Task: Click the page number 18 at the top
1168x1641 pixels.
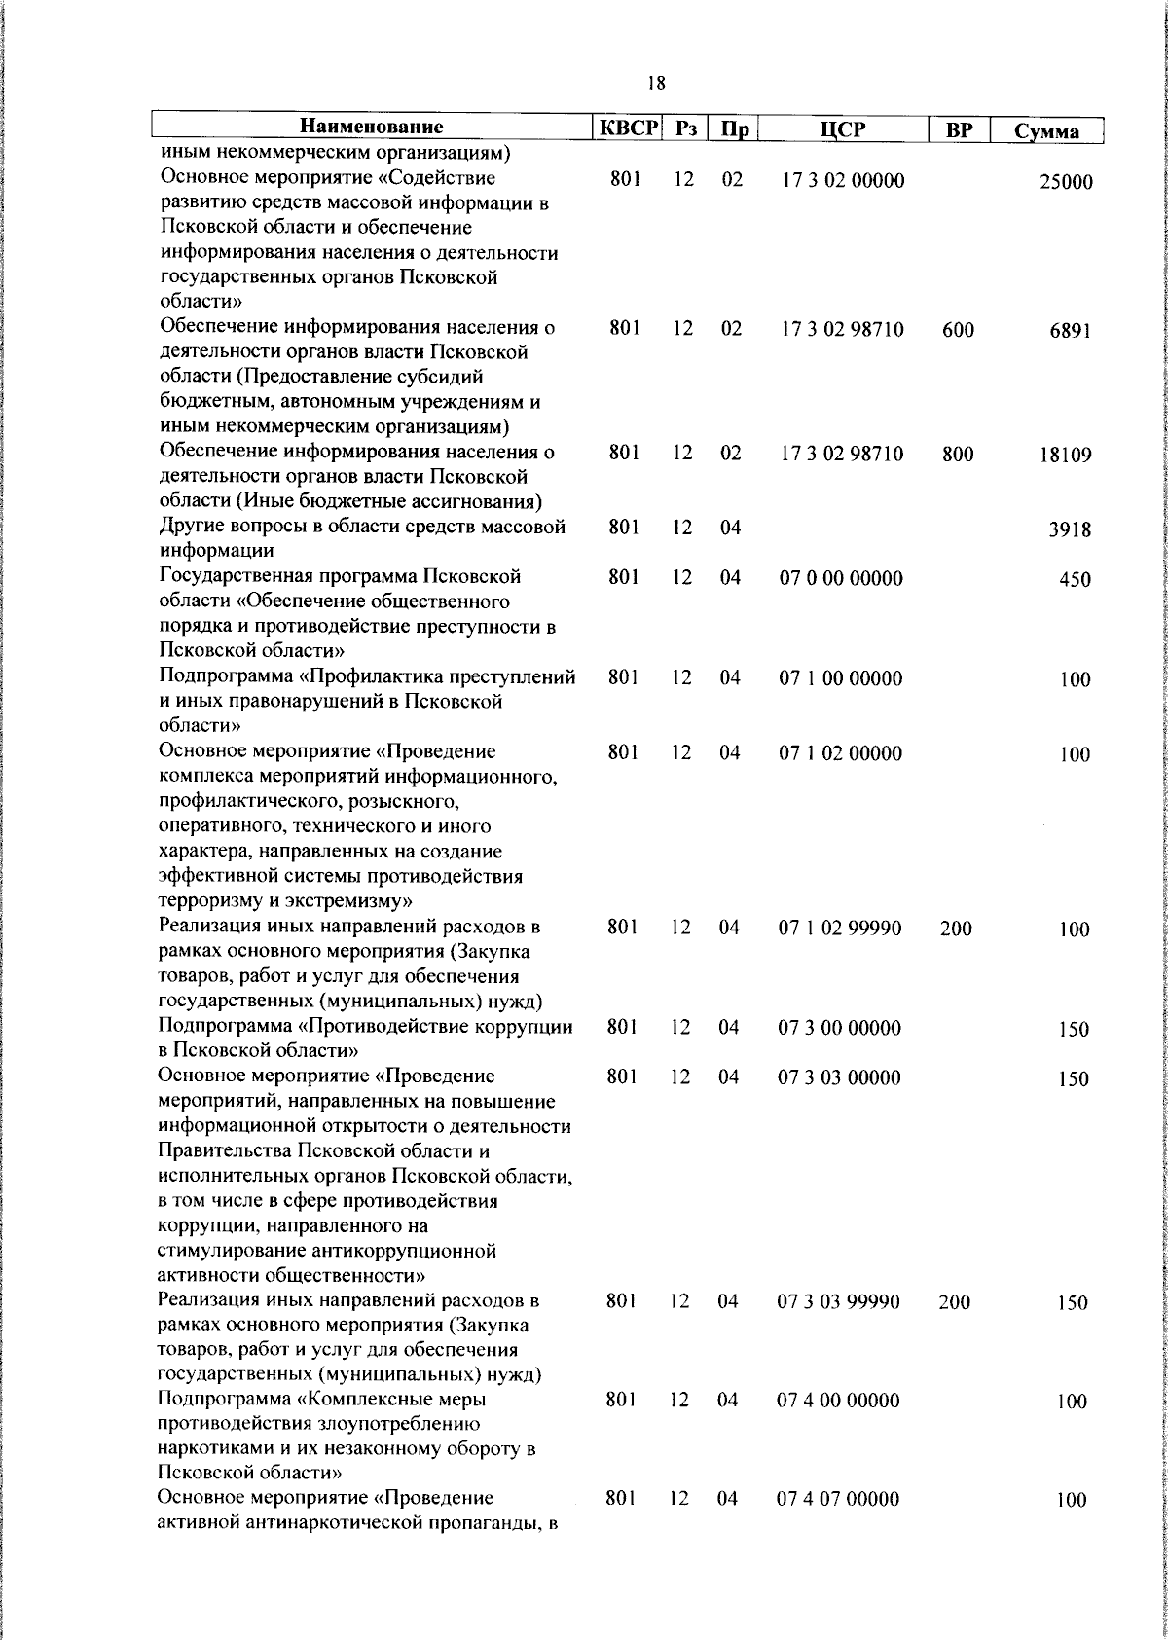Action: pos(656,84)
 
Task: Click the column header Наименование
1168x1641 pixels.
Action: pos(371,128)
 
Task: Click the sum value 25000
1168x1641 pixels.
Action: pos(1066,183)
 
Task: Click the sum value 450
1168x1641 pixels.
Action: pos(1075,580)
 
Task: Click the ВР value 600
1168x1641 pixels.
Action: pos(958,330)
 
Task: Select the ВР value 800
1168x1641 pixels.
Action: pos(958,454)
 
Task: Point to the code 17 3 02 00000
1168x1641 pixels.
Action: pos(842,181)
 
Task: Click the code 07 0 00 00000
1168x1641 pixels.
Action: pos(841,578)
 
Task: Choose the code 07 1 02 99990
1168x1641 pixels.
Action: pos(839,929)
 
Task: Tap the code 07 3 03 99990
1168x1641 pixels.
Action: pos(838,1301)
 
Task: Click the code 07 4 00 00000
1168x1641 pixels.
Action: pos(838,1401)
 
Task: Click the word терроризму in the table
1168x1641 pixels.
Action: pos(207,901)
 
